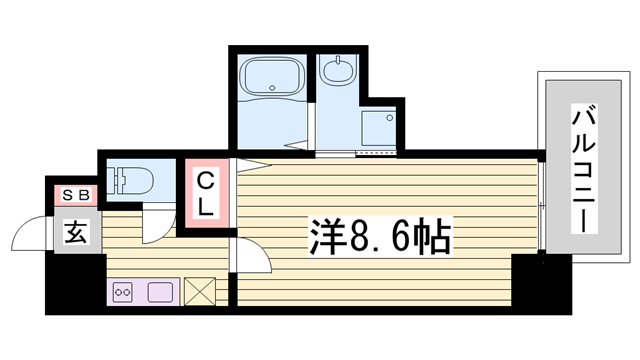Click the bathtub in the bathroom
272,76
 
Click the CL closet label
206,194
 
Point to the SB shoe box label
76,196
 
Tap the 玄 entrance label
76,233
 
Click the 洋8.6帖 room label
380,237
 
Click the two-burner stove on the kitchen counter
123,292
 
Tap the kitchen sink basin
160,292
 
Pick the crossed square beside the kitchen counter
200,291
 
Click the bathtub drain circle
272,87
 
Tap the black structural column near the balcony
541,282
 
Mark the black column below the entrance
76,282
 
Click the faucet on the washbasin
338,61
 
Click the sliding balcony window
541,205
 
